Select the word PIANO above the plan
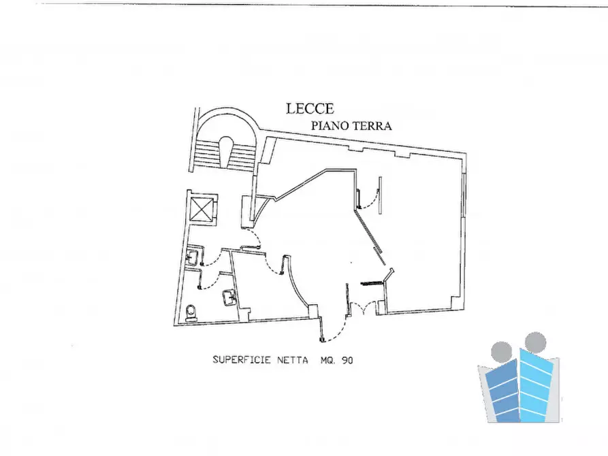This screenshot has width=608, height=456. coord(329,125)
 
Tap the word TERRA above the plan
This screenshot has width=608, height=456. coord(372,125)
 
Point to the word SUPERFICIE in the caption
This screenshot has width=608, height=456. coord(242,360)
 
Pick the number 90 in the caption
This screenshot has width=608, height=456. coord(347,360)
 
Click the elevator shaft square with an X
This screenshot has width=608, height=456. coord(203,209)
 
